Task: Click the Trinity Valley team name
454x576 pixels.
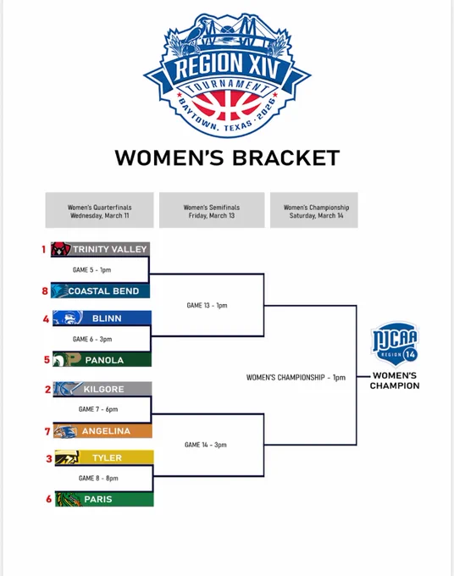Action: tap(109, 249)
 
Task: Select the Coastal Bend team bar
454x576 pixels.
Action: tap(100, 291)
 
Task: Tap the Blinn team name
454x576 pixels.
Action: tap(107, 318)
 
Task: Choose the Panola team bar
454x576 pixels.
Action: tap(102, 360)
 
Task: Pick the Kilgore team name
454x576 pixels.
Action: tap(103, 389)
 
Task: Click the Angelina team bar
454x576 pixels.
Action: tap(102, 430)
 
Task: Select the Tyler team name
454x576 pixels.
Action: tap(107, 457)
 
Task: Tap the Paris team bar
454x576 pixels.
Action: tap(104, 499)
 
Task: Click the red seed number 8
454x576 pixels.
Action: tap(45, 291)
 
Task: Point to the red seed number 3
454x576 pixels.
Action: tap(49, 458)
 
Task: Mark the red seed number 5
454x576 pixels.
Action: tap(47, 360)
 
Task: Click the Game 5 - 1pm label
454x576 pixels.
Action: tap(91, 270)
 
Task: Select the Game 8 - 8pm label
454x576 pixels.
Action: tap(98, 479)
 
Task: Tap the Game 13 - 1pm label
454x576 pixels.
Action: tap(207, 305)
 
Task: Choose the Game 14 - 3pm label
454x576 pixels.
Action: tap(205, 445)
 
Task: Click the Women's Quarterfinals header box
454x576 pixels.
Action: tap(100, 210)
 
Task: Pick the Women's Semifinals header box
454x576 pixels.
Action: tap(212, 210)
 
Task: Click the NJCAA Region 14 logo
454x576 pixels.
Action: tap(395, 344)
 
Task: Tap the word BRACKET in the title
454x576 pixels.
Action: tap(285, 158)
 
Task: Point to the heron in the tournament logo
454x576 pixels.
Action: tap(194, 33)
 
